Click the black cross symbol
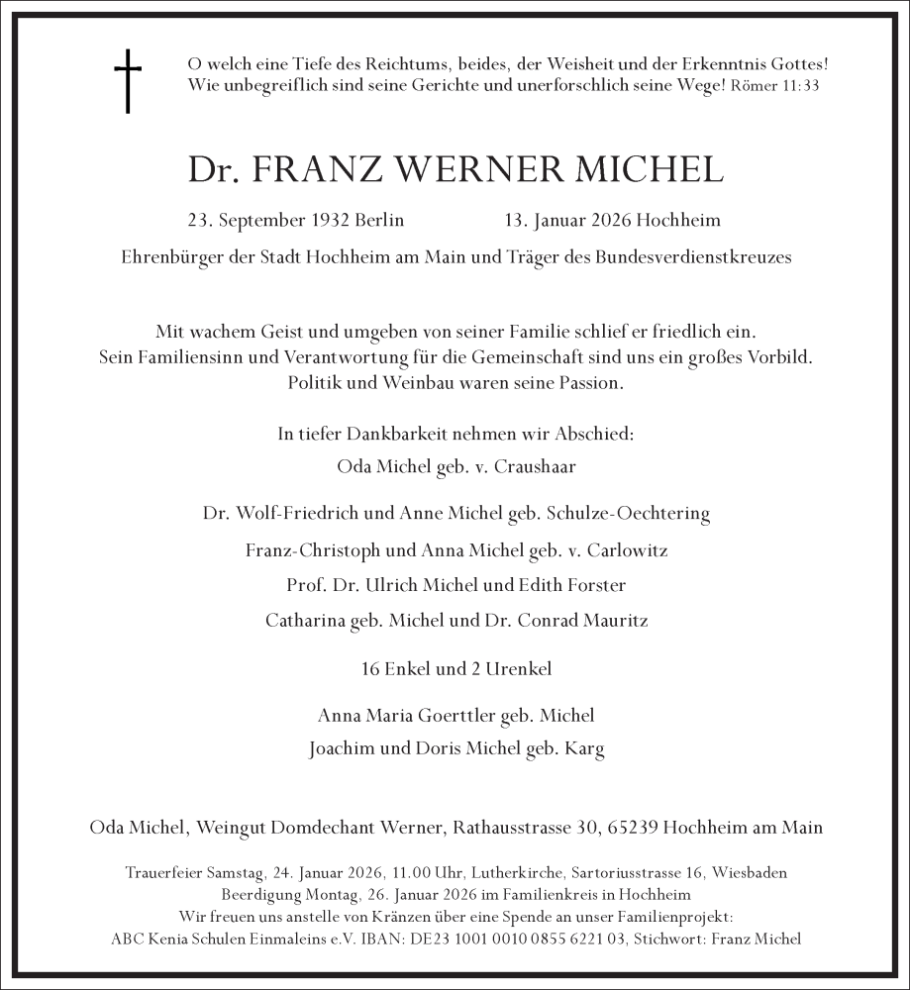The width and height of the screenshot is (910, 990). pos(128,81)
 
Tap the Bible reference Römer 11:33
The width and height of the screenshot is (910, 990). pos(775,86)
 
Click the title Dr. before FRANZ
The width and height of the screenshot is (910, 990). pos(214,169)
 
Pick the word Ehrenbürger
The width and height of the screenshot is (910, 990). pos(168,257)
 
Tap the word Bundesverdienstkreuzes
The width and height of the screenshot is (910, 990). pos(693,257)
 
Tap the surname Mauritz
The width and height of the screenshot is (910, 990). pos(611,621)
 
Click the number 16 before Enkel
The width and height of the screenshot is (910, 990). pos(372,669)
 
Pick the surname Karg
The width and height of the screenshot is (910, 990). pos(584,748)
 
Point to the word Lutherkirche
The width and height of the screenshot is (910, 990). pos(515,873)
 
